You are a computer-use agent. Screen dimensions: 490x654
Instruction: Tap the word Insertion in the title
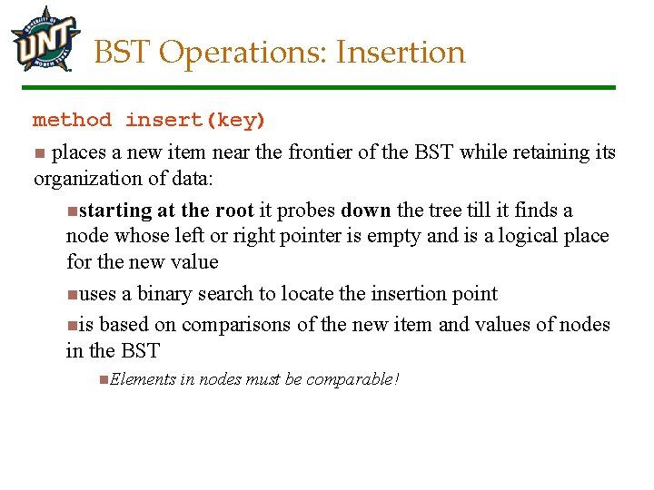400,53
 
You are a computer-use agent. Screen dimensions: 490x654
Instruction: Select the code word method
73,120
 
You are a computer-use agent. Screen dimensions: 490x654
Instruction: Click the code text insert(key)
195,120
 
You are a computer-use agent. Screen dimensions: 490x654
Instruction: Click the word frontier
320,152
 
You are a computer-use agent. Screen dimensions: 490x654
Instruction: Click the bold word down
366,211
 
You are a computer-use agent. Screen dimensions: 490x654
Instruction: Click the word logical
511,236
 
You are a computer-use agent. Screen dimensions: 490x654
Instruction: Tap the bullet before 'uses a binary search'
73,295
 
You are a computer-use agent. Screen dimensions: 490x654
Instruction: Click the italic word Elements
142,378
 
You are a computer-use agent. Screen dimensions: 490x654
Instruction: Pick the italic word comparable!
353,378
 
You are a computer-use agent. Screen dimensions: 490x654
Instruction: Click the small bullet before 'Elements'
104,378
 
